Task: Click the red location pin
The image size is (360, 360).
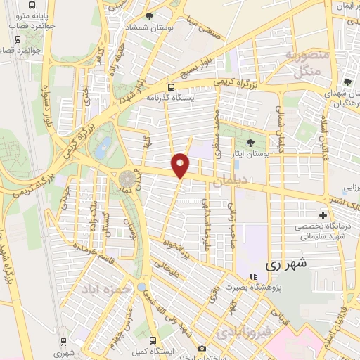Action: point(181,165)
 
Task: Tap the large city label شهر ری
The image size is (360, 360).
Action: point(288,265)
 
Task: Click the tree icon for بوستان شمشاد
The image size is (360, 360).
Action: point(149,17)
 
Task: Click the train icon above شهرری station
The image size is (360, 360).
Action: point(64,342)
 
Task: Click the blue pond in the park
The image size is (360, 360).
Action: point(103,148)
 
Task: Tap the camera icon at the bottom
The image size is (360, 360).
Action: point(202,348)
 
